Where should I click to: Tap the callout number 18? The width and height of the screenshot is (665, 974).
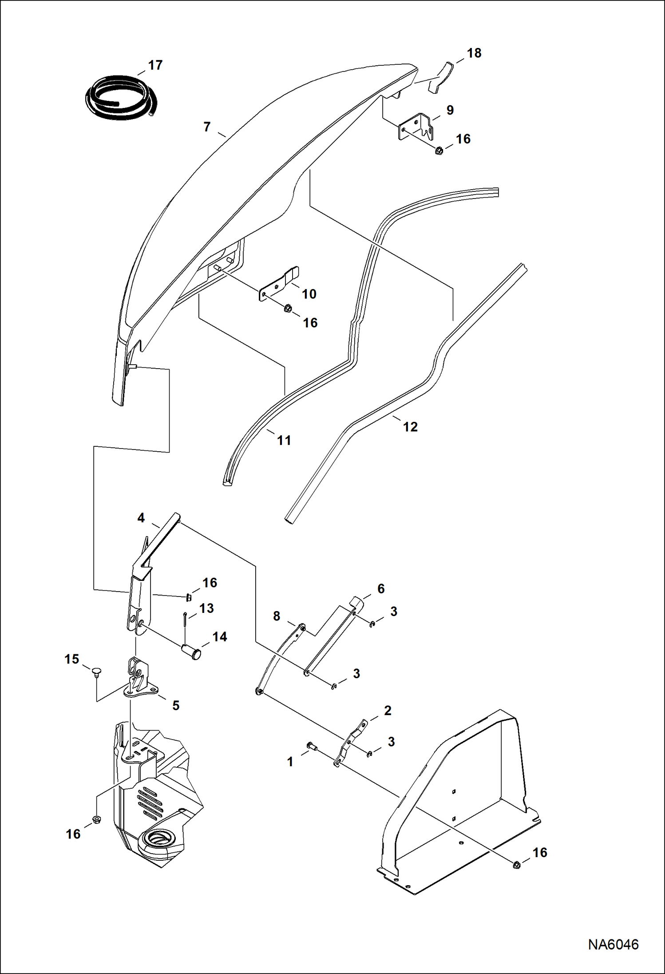coord(474,53)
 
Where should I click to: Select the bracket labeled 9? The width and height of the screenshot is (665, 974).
coord(416,127)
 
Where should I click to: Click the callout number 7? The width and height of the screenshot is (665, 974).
coord(207,127)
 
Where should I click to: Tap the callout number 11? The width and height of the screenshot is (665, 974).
coord(284,440)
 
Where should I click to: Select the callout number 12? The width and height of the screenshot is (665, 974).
coord(410,427)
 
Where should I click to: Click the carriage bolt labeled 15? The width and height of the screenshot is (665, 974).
coord(96,671)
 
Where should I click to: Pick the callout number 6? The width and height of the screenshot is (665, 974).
coord(381,589)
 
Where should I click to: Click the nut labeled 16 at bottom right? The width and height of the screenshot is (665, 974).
coord(516,865)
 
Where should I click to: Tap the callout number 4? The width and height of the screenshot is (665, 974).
coord(141,518)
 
